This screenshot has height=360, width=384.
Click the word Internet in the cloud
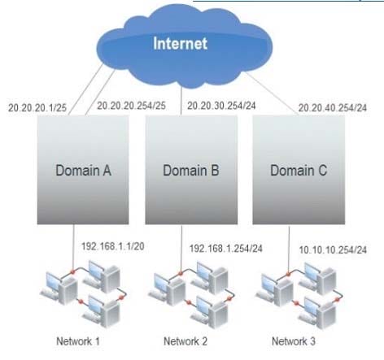click(x=180, y=43)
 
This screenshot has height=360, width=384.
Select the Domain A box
click(x=83, y=170)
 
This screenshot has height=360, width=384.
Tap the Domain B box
click(x=191, y=170)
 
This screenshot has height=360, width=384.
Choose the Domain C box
click(x=299, y=170)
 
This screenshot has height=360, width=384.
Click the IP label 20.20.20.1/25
click(x=37, y=108)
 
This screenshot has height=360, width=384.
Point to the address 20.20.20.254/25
click(x=132, y=106)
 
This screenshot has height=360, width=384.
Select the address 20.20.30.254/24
click(x=221, y=106)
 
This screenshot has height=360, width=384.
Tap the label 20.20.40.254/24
click(x=333, y=108)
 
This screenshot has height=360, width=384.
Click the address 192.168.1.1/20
click(x=113, y=246)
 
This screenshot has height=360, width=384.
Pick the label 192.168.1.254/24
click(x=226, y=249)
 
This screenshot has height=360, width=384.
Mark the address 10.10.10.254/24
click(x=333, y=249)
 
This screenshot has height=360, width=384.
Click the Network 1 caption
click(x=78, y=341)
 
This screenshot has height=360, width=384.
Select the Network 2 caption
click(x=185, y=341)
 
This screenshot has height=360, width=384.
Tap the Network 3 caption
click(x=294, y=341)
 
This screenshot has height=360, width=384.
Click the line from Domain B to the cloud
click(x=181, y=100)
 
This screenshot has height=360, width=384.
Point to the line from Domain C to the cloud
click(x=272, y=93)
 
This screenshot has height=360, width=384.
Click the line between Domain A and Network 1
click(x=73, y=248)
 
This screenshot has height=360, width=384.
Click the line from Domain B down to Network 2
click(x=181, y=248)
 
